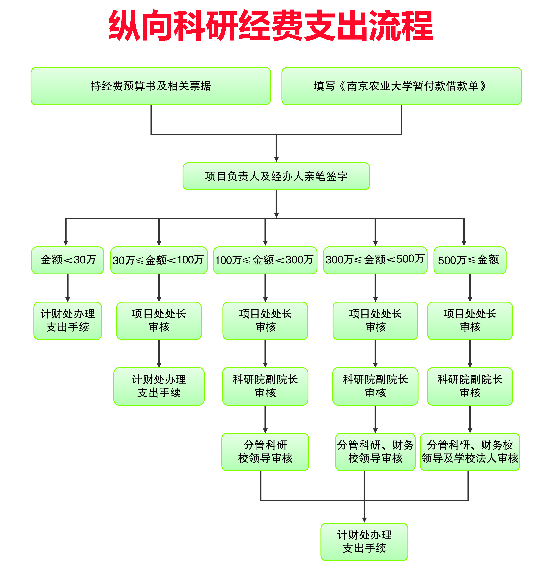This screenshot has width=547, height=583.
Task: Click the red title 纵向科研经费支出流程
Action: [270, 26]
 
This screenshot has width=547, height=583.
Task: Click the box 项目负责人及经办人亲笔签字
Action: [276, 176]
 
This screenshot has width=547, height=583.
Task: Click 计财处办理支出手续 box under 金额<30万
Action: [68, 320]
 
